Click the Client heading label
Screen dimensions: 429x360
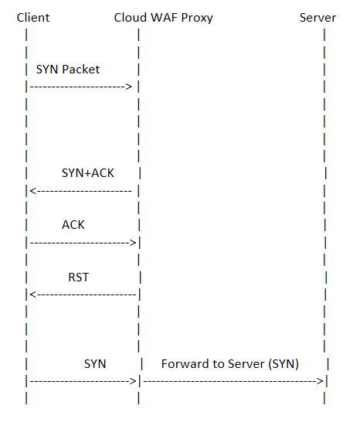32,17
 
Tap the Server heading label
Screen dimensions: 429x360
318,17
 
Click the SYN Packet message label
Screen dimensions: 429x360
68,69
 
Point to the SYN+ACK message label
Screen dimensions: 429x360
87,172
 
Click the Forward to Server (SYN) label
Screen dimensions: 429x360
229,363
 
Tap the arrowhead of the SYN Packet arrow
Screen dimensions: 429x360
131,87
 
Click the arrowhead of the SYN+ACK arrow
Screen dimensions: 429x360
32,190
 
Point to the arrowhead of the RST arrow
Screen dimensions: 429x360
32,295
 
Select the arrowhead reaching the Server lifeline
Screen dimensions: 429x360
320,381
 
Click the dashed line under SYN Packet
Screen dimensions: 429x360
77,87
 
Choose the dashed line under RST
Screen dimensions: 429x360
83,295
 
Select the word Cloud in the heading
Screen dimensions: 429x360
129,17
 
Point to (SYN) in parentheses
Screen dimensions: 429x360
282,363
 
